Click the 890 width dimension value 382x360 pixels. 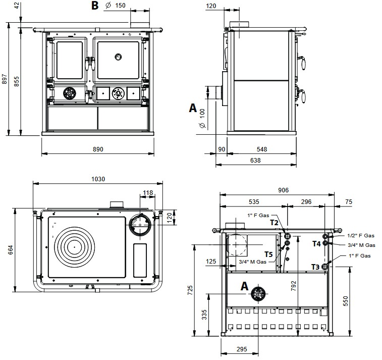pyautogui.click(x=98, y=149)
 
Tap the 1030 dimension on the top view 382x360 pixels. pyautogui.click(x=98, y=179)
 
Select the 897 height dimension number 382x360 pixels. pyautogui.click(x=5, y=79)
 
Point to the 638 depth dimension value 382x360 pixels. pyautogui.click(x=255, y=161)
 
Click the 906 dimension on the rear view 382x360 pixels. pyautogui.click(x=283, y=190)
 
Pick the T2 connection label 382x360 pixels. pyautogui.click(x=275, y=223)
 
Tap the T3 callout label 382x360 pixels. pyautogui.click(x=315, y=267)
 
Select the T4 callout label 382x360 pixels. pyautogui.click(x=317, y=244)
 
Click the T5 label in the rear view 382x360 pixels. pyautogui.click(x=269, y=254)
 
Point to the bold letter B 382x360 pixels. pyautogui.click(x=95, y=6)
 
